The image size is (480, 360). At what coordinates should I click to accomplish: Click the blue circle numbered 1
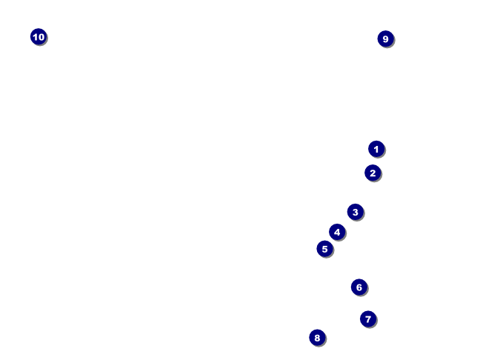[x=376, y=149]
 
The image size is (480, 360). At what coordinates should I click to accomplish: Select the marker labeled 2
[x=373, y=173]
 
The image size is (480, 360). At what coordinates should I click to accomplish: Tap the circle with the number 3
[x=356, y=212]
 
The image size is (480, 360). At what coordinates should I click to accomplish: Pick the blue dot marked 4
[x=337, y=232]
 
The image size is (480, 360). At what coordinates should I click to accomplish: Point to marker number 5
[x=324, y=249]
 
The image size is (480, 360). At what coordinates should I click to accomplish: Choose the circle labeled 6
[x=359, y=287]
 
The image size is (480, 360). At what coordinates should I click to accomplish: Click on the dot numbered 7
[x=368, y=319]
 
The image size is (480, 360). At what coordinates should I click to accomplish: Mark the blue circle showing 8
[x=317, y=338]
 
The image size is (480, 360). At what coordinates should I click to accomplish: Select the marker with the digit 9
[x=385, y=39]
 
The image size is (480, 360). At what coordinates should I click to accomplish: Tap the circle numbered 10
[x=39, y=36]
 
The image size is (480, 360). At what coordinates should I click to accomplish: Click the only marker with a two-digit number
[x=39, y=36]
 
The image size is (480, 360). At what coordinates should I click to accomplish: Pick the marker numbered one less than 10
[x=385, y=39]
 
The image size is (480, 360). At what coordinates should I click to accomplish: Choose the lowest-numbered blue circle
[x=376, y=149]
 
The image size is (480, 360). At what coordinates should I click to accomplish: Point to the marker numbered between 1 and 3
[x=373, y=173]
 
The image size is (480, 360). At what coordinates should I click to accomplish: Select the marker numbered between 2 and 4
[x=356, y=212]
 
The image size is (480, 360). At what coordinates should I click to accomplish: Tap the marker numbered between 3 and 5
[x=337, y=232]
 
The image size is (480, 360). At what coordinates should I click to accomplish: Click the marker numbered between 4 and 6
[x=324, y=249]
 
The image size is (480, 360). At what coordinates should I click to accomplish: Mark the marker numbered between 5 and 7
[x=359, y=287]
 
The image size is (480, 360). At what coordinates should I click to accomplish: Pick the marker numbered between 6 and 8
[x=368, y=319]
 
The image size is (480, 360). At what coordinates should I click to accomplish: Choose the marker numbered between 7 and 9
[x=317, y=338]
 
